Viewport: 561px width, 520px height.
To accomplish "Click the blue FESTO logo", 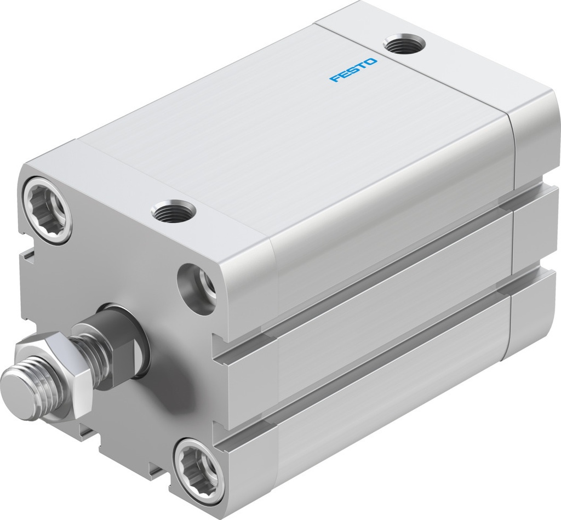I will point(353,71).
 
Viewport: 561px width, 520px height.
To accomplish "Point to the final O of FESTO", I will point(372,62).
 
